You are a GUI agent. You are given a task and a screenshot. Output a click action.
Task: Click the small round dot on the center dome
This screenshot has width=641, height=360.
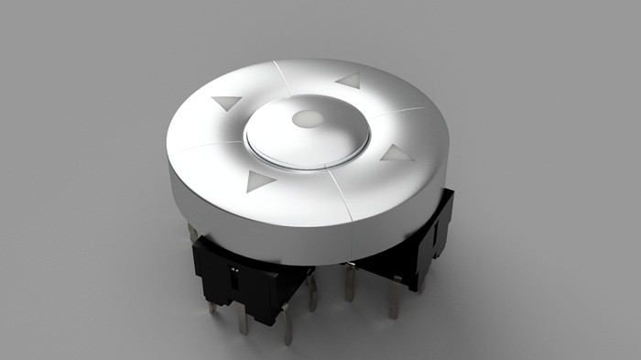click(309, 119)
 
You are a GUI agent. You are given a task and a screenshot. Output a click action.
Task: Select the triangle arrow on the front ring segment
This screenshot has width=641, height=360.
click(259, 181)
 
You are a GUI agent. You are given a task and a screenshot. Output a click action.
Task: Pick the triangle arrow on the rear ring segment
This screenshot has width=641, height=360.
click(349, 81)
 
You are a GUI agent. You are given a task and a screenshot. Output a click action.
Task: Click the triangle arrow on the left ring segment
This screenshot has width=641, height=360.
click(226, 103)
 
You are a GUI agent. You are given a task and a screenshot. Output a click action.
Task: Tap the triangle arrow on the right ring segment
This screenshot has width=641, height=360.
click(397, 153)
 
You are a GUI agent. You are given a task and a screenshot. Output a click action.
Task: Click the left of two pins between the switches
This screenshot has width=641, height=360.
click(312, 291)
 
